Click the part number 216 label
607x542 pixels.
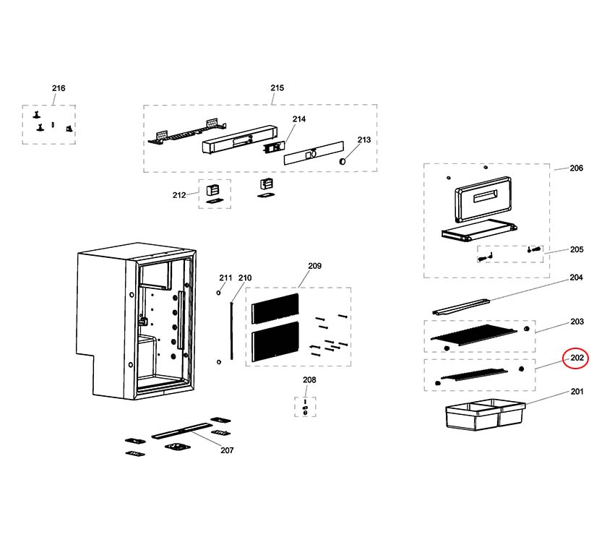tap(59, 88)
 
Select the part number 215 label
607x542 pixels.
tap(277, 88)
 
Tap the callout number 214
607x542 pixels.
tap(299, 119)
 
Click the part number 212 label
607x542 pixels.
tap(178, 194)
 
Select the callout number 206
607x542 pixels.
tap(576, 168)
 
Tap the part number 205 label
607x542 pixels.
tap(576, 250)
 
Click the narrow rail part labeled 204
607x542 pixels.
tap(462, 306)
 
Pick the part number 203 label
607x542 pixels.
tap(576, 322)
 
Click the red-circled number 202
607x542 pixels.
tap(577, 358)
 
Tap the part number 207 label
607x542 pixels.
tap(227, 450)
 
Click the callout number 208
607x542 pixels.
tap(309, 380)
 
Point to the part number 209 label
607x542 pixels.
tap(314, 267)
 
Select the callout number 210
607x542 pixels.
tap(245, 278)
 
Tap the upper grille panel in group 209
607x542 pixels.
tap(275, 308)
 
